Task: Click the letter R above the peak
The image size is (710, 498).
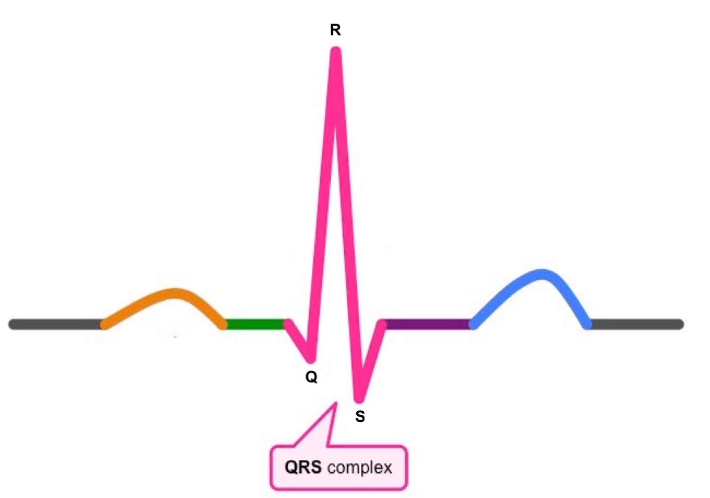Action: tap(335, 30)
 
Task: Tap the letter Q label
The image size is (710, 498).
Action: tap(311, 377)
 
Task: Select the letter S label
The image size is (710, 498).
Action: tap(360, 417)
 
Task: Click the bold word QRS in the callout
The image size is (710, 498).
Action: tap(303, 467)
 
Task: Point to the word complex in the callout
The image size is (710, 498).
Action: tap(359, 468)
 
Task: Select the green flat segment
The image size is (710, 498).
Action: tap(254, 324)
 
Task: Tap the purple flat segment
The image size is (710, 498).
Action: tap(427, 324)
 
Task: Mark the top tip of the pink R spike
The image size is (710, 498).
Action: tap(336, 52)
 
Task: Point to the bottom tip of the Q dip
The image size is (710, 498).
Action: tap(311, 359)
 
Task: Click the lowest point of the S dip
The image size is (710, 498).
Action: tap(359, 399)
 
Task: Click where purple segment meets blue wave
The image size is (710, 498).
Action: tap(472, 324)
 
